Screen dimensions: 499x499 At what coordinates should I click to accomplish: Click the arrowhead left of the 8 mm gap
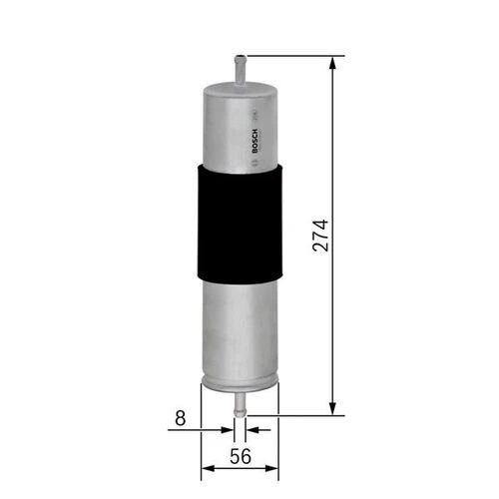(x=229, y=430)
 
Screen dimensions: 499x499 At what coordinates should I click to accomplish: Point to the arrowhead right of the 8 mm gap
(x=251, y=430)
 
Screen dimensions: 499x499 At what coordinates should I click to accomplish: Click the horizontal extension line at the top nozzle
(x=289, y=56)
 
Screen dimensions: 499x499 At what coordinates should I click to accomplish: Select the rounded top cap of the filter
(x=240, y=89)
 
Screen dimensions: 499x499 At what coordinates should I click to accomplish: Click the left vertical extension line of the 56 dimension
(x=201, y=429)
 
